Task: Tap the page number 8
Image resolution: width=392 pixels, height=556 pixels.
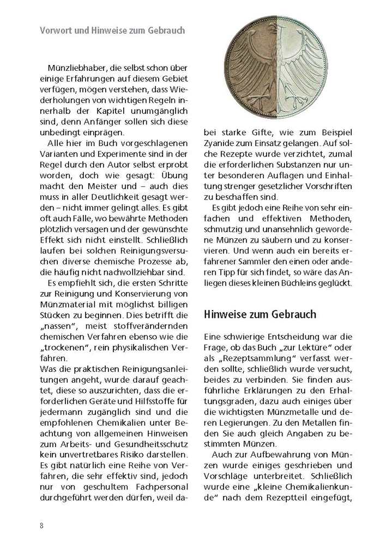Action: coord(42,525)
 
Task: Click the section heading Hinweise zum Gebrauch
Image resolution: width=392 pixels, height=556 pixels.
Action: coord(260,315)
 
